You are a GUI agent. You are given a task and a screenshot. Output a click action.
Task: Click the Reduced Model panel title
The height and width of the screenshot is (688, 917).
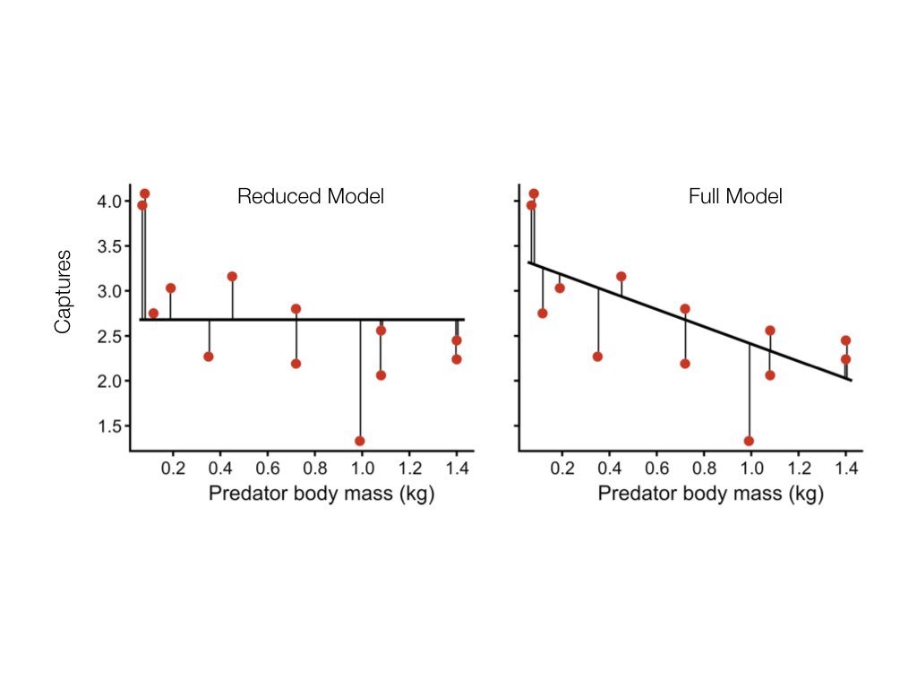point(310,197)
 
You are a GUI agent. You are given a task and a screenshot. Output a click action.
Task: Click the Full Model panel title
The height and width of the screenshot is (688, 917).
point(735,197)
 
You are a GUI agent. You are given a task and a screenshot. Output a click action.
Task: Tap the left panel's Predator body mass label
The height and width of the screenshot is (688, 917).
point(321,494)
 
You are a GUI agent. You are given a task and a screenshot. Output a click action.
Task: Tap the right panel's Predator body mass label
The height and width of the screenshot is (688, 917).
point(710,494)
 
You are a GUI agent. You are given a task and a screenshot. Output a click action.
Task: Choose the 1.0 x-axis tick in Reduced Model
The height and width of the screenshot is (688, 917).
point(362,468)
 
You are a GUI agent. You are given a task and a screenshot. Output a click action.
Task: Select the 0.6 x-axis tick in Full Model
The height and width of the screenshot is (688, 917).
point(656,468)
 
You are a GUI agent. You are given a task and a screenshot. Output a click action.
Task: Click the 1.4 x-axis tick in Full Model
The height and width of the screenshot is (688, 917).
point(844,468)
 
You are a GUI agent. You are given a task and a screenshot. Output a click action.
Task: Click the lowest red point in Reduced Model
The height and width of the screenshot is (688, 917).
point(360,441)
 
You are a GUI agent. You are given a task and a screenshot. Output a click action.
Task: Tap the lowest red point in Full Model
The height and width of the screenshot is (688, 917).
point(749,441)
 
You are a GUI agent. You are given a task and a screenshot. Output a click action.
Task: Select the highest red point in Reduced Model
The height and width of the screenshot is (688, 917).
point(144,193)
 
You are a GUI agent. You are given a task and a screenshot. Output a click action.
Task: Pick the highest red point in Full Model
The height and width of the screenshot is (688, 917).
point(534,193)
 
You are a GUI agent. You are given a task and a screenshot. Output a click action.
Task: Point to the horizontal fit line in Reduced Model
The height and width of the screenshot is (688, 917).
point(269,319)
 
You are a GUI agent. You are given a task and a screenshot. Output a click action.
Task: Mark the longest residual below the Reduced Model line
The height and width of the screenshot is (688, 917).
point(360,380)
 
